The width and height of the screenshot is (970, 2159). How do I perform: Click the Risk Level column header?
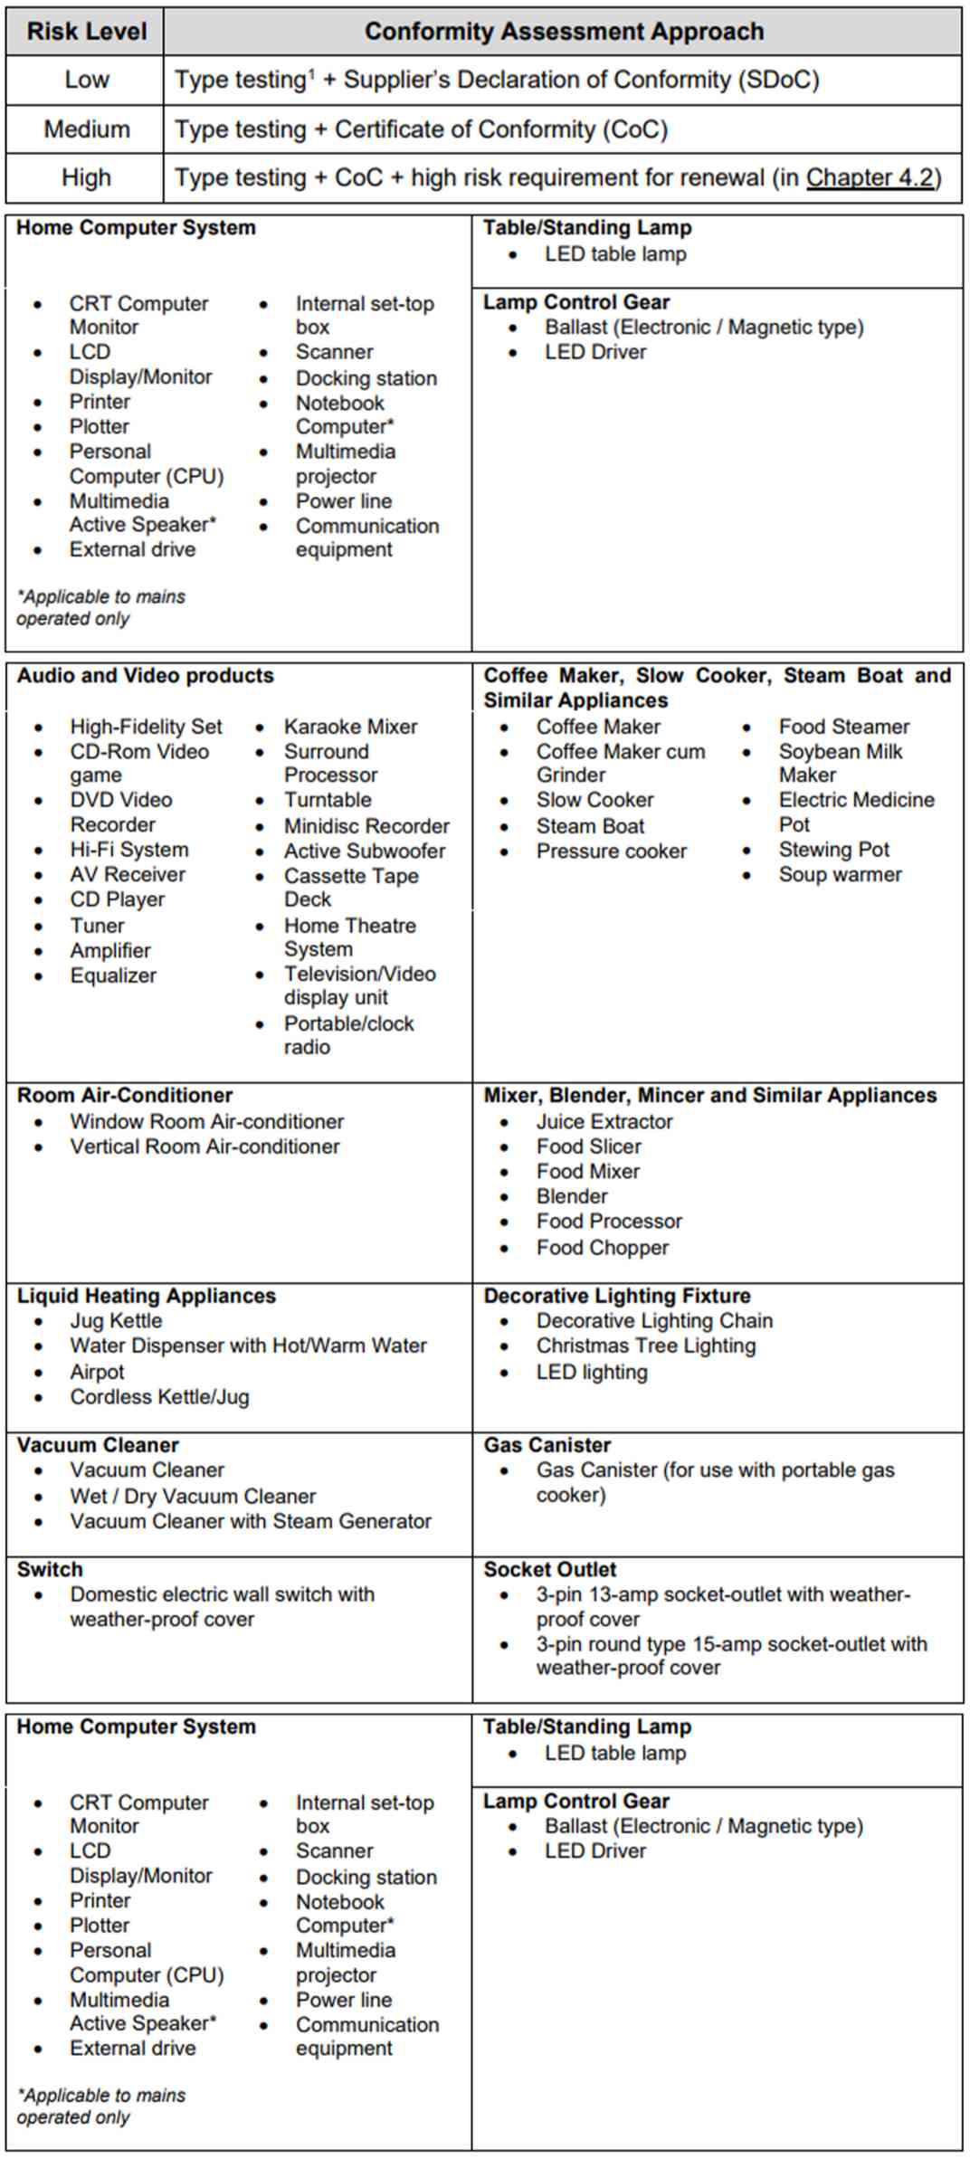pyautogui.click(x=86, y=32)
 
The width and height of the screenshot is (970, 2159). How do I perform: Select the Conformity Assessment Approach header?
pyautogui.click(x=564, y=32)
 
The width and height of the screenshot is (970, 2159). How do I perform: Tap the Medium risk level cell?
pyautogui.click(x=86, y=129)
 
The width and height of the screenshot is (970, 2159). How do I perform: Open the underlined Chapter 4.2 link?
pyautogui.click(x=870, y=177)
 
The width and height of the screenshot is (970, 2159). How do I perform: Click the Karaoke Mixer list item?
pyautogui.click(x=350, y=727)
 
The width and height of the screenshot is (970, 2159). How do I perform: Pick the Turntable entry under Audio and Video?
pyautogui.click(x=328, y=800)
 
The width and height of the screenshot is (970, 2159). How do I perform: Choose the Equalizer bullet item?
pyautogui.click(x=113, y=975)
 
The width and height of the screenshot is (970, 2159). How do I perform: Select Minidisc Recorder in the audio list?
pyautogui.click(x=366, y=826)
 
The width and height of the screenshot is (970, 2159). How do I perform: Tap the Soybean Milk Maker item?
pyautogui.click(x=840, y=763)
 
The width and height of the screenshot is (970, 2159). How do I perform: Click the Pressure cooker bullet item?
pyautogui.click(x=611, y=851)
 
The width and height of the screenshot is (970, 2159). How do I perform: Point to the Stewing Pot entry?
pyautogui.click(x=833, y=850)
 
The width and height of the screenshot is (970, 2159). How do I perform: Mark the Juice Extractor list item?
pyautogui.click(x=604, y=1122)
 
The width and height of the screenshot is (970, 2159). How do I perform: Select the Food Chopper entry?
pyautogui.click(x=603, y=1248)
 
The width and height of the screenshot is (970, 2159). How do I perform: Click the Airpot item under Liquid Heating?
pyautogui.click(x=98, y=1372)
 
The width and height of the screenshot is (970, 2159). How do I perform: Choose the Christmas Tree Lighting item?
pyautogui.click(x=645, y=1346)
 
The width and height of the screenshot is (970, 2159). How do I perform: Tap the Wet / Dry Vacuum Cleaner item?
pyautogui.click(x=193, y=1497)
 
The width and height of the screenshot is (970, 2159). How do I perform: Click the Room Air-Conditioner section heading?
pyautogui.click(x=125, y=1096)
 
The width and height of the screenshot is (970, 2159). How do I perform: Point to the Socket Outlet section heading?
pyautogui.click(x=549, y=1570)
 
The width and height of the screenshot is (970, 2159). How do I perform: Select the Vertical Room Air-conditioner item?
pyautogui.click(x=204, y=1146)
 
